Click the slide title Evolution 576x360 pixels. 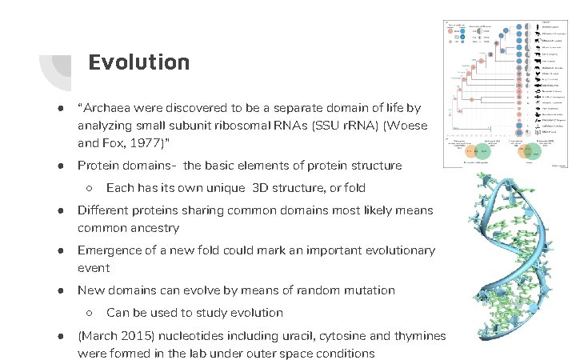point(138,62)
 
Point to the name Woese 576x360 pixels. point(410,126)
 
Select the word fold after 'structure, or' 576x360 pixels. point(353,188)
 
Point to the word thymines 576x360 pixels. point(418,336)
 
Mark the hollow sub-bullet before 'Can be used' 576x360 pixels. point(90,313)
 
